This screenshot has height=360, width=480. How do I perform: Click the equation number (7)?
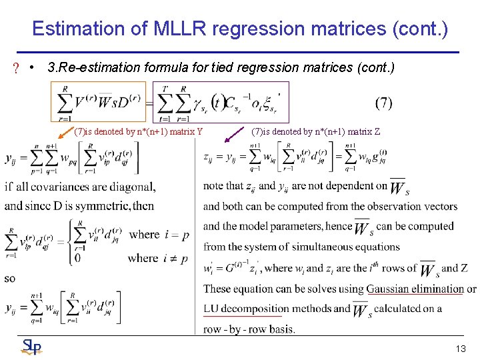click(x=384, y=103)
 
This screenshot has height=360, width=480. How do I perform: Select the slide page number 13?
click(x=461, y=349)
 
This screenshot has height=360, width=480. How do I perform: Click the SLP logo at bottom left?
click(x=31, y=347)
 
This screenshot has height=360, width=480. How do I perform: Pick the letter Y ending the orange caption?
click(x=200, y=131)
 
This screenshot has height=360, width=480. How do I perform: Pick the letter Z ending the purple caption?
click(x=377, y=131)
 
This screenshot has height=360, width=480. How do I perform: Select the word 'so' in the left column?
click(x=10, y=278)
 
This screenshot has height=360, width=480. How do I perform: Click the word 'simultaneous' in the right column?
click(x=319, y=247)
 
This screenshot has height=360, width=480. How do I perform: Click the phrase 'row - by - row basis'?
click(x=249, y=329)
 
